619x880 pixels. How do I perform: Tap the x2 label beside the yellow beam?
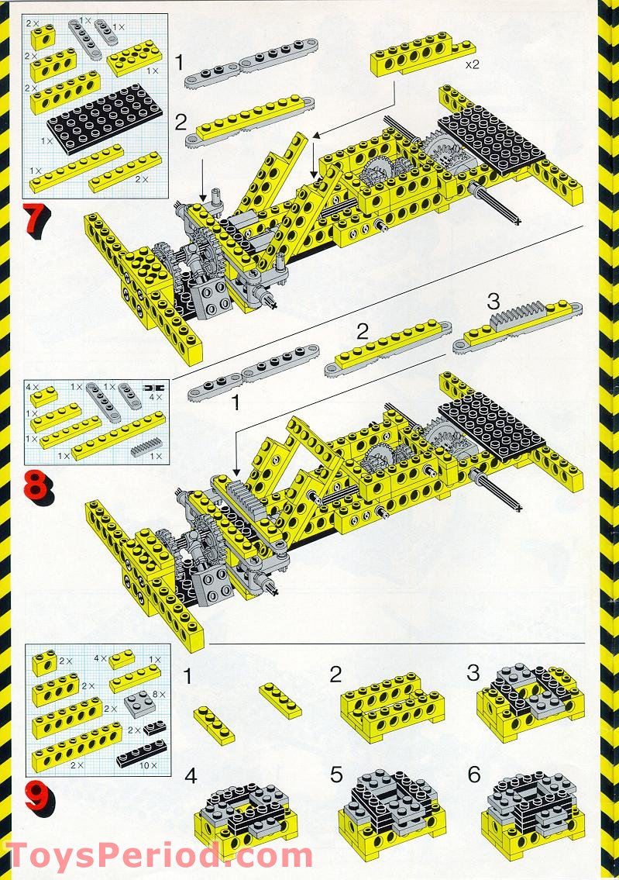coord(472,65)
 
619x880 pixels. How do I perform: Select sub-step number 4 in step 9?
coord(191,775)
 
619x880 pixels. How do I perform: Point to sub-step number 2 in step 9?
coord(335,674)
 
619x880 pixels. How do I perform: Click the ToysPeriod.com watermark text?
coord(159,855)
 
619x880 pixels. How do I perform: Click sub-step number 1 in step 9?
coord(187,677)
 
